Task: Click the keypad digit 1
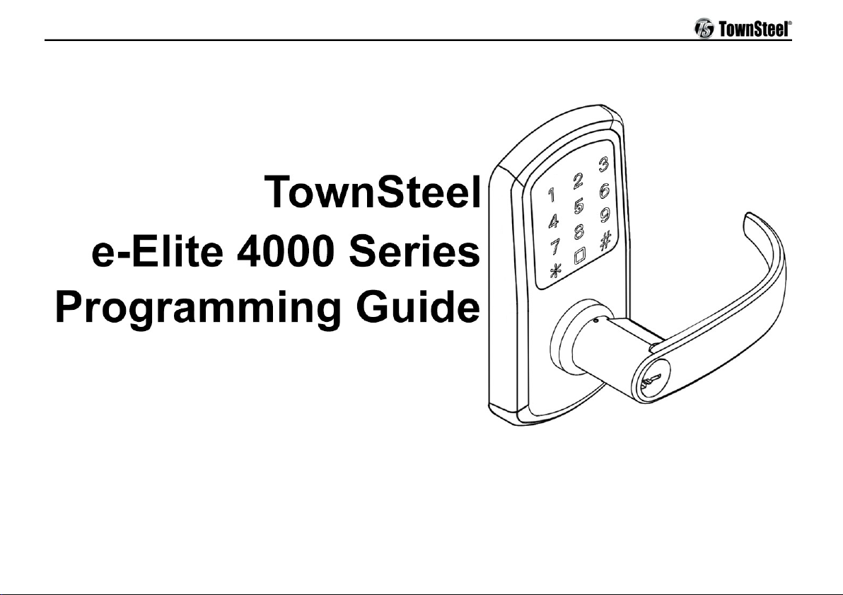point(551,195)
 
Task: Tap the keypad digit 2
point(578,180)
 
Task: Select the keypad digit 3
point(604,165)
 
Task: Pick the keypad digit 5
point(579,206)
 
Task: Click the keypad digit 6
point(604,190)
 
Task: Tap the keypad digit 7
point(554,247)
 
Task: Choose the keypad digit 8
point(579,231)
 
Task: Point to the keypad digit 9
point(605,215)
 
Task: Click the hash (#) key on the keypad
point(605,241)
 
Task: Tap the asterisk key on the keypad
point(555,270)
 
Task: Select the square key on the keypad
point(580,256)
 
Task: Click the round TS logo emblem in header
point(704,28)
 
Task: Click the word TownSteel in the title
point(372,192)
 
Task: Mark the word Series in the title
point(414,252)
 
